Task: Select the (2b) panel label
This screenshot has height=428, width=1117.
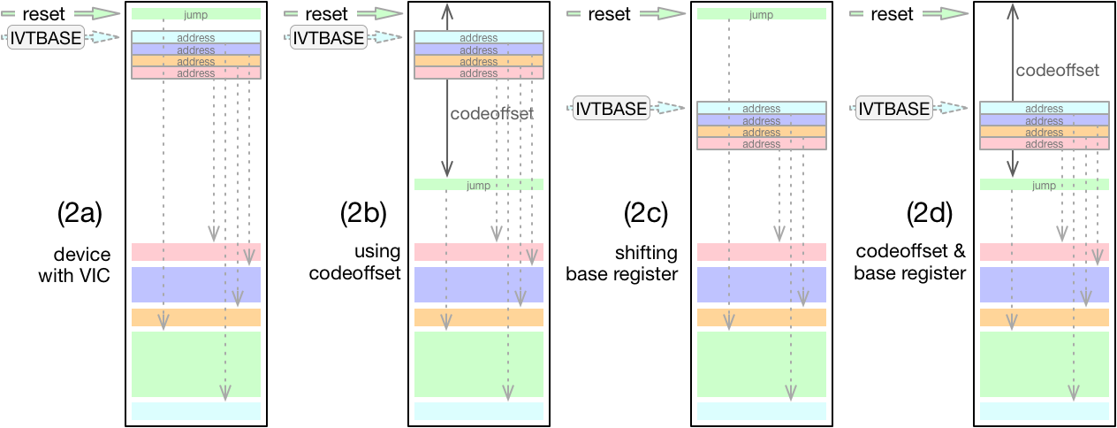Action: (362, 214)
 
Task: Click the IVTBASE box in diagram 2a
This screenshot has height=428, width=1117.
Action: (45, 37)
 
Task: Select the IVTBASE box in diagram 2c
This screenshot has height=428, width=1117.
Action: (612, 108)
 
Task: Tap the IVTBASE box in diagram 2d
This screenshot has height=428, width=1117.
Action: (894, 108)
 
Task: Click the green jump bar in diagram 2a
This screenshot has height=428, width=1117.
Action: (195, 14)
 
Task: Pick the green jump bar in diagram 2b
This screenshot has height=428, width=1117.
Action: (478, 185)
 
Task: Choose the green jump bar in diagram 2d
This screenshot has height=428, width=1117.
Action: (1044, 185)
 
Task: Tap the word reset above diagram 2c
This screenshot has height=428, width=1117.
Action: (610, 14)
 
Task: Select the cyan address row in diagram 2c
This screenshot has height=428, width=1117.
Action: (761, 109)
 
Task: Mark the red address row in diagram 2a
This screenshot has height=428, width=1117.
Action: (195, 73)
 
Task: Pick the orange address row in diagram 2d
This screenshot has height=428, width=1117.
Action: (1044, 132)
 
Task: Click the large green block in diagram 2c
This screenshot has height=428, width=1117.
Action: (761, 363)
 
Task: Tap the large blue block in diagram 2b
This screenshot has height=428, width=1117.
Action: (478, 285)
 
